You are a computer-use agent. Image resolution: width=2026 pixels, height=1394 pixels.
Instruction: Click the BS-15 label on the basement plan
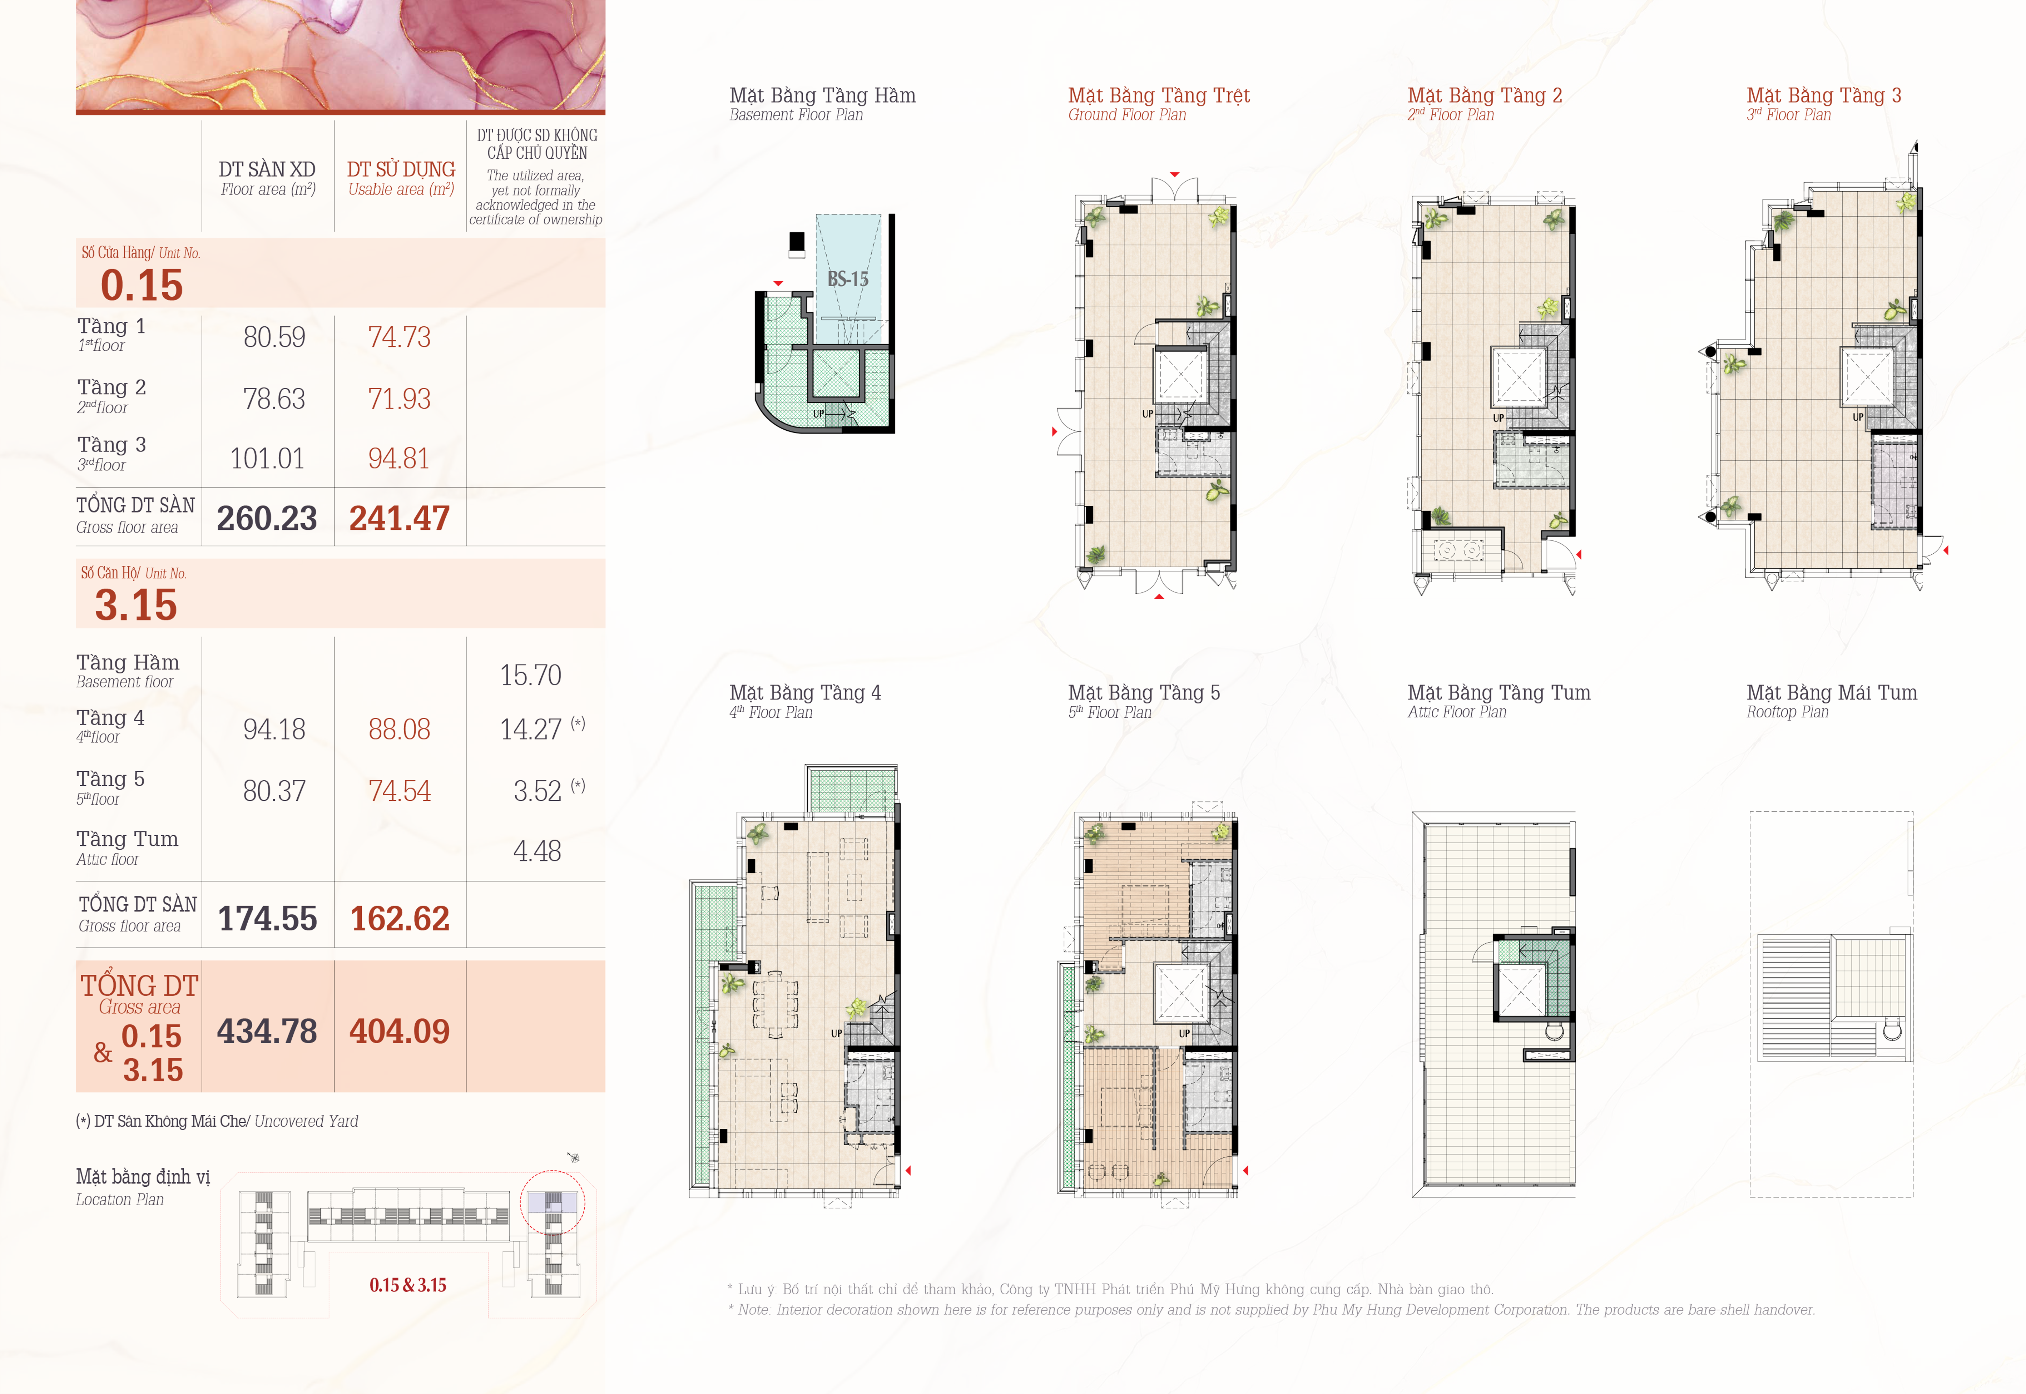[x=848, y=280]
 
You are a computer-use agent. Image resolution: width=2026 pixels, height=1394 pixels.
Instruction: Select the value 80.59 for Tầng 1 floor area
[x=274, y=337]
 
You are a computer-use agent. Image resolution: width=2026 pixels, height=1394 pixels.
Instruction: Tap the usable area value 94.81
[x=399, y=459]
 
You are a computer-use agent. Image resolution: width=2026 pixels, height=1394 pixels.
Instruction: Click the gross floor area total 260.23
[x=267, y=518]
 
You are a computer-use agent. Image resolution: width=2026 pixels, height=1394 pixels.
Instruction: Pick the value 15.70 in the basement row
[x=531, y=675]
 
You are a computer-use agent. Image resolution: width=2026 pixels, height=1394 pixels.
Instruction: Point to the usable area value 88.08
[x=399, y=729]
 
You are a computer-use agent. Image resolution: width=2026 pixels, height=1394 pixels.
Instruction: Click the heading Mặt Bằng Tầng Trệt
[x=1159, y=95]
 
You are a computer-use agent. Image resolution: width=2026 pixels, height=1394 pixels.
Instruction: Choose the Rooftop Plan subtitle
[x=1788, y=712]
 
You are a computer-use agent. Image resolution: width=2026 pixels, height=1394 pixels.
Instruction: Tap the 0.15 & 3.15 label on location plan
[x=408, y=1285]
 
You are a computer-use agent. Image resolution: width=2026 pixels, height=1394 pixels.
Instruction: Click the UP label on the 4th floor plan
[x=837, y=1033]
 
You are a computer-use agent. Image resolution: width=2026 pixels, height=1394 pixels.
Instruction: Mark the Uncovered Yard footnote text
[x=307, y=1122]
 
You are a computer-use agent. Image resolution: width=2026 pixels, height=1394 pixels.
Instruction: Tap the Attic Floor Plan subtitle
[x=1457, y=712]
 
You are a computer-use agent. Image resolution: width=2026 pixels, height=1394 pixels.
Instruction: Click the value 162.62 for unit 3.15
[x=400, y=918]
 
